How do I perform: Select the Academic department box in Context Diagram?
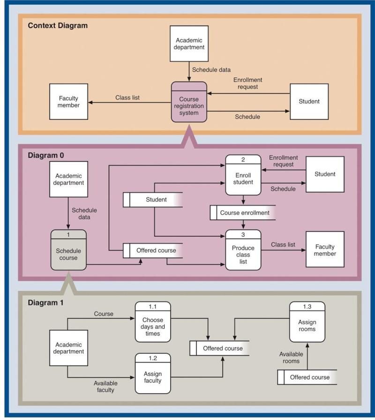[189, 44]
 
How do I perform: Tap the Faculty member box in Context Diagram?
[68, 102]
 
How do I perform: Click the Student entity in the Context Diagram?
[309, 101]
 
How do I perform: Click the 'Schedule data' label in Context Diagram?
[211, 69]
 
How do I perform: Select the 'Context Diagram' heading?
[58, 26]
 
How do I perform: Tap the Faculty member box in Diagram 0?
[325, 249]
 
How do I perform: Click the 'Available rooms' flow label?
[291, 357]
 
